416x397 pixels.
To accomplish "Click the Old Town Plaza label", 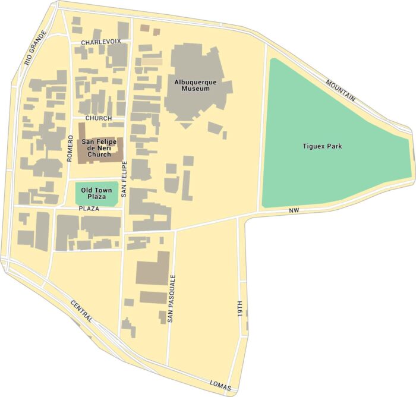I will (x=96, y=194).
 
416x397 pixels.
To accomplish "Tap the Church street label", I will (x=98, y=118).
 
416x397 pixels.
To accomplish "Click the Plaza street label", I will (x=88, y=209).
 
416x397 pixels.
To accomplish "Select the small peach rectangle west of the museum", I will (x=152, y=61).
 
